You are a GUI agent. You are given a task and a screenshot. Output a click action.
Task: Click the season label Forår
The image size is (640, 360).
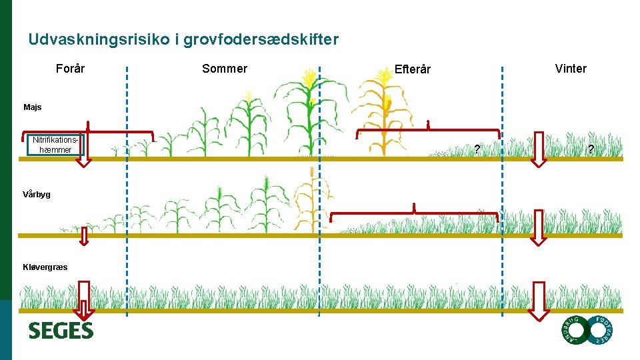coord(70,68)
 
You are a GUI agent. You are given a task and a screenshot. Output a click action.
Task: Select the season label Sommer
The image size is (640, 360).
coord(224,69)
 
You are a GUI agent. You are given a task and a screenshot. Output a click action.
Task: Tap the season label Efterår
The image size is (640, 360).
coord(412,69)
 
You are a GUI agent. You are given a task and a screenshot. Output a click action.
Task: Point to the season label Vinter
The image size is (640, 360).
coord(571,69)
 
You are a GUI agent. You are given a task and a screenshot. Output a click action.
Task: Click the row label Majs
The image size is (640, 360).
coord(32,107)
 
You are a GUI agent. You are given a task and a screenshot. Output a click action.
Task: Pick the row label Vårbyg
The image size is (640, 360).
coord(37,195)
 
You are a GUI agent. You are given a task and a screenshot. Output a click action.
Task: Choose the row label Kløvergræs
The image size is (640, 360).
coord(45,267)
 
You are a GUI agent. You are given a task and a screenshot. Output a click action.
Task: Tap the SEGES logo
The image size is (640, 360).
coord(61,330)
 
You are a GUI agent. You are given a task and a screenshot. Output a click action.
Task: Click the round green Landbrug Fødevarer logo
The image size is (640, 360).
coord(586,330)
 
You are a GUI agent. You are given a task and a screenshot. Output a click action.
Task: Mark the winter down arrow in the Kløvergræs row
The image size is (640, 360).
coord(539,301)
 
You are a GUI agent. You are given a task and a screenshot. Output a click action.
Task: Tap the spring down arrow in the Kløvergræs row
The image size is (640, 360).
coord(84,301)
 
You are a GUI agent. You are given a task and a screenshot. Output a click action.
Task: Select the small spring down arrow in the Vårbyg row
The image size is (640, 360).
coord(84,236)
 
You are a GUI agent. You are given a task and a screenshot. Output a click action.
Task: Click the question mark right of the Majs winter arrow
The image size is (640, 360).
coord(590,149)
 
